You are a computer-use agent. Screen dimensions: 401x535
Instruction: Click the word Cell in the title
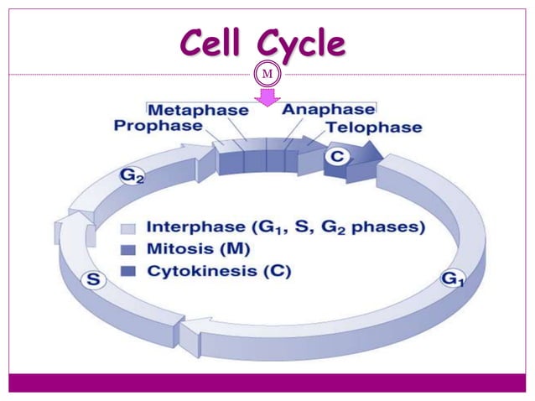pos(215,44)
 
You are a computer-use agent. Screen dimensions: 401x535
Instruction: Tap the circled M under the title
pos(267,75)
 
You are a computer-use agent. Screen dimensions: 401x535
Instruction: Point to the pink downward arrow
pos(267,98)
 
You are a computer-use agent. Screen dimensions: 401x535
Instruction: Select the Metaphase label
pos(198,110)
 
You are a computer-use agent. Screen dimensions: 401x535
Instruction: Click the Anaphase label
pos(328,110)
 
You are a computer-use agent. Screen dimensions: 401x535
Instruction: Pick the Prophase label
pos(158,126)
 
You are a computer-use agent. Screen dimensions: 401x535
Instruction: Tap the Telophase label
pos(374,128)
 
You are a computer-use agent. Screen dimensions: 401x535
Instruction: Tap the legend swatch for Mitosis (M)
pos(128,249)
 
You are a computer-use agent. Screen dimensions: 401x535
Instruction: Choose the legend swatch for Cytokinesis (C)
pos(128,270)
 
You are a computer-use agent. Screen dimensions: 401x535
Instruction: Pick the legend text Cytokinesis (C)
pos(220,270)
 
